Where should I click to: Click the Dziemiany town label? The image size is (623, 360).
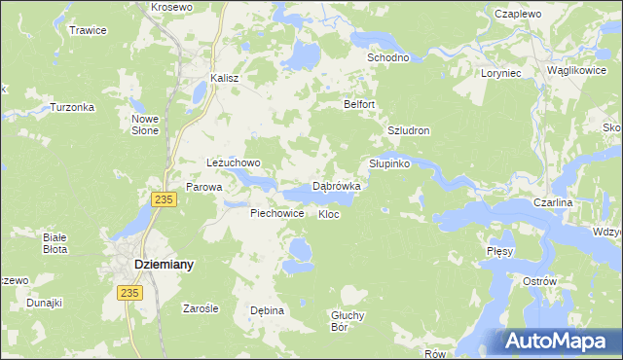pos(163,264)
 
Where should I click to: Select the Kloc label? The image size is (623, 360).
pos(329,214)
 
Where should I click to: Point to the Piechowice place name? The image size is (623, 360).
pos(277,213)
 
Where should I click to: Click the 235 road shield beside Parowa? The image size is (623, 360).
pos(164,198)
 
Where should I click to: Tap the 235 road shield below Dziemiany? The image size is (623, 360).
pos(128,291)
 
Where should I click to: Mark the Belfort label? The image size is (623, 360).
pos(359,104)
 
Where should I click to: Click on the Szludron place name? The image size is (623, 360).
pos(409,130)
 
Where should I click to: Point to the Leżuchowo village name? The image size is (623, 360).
pos(234,162)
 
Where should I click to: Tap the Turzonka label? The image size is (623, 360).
pos(70,107)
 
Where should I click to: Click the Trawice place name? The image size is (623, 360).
pos(88,30)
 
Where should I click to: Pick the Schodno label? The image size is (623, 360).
pos(386,57)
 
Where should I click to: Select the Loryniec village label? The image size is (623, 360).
pos(502,73)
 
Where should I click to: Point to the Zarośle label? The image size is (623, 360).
pos(201,308)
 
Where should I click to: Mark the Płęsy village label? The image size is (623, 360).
pos(499,251)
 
